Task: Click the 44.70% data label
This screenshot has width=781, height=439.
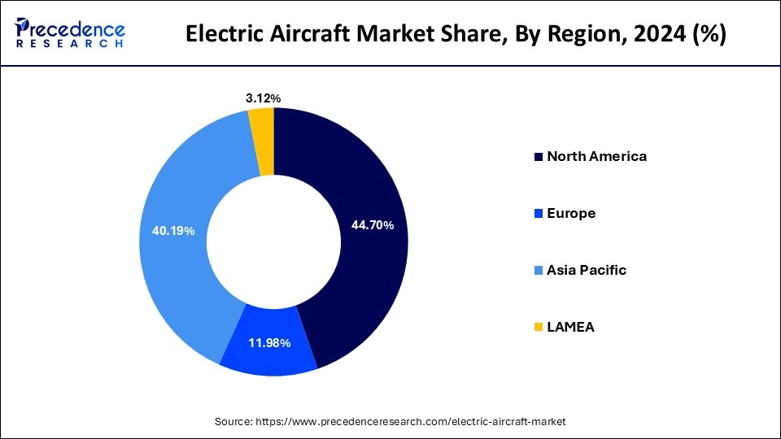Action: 372,225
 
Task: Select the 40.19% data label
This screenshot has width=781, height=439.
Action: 172,231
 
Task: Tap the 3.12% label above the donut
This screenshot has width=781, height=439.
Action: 263,98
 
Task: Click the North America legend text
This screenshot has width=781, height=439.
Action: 596,156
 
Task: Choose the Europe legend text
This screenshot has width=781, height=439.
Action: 571,213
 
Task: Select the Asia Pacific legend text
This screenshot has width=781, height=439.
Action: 587,270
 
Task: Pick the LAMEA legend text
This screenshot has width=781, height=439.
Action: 570,327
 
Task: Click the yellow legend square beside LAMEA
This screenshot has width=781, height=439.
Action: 538,328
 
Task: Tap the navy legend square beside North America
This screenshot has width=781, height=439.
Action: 538,157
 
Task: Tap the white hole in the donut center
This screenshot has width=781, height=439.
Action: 273,241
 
